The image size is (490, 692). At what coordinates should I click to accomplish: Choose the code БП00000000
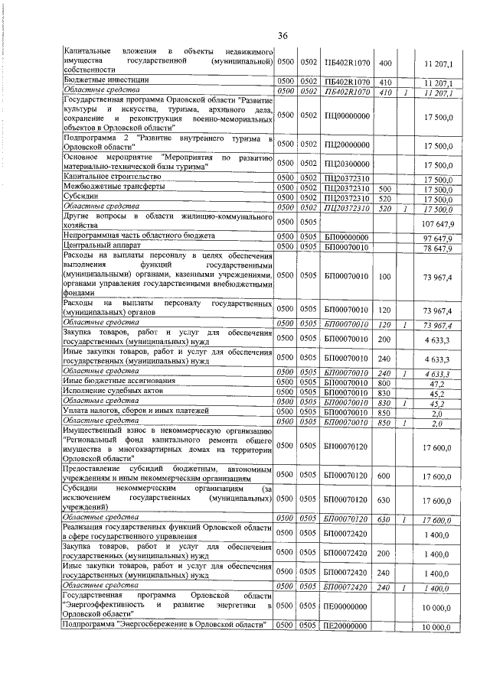click(347, 238)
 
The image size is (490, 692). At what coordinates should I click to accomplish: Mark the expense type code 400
click(385, 62)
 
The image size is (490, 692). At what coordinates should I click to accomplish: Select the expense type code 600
click(385, 476)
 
